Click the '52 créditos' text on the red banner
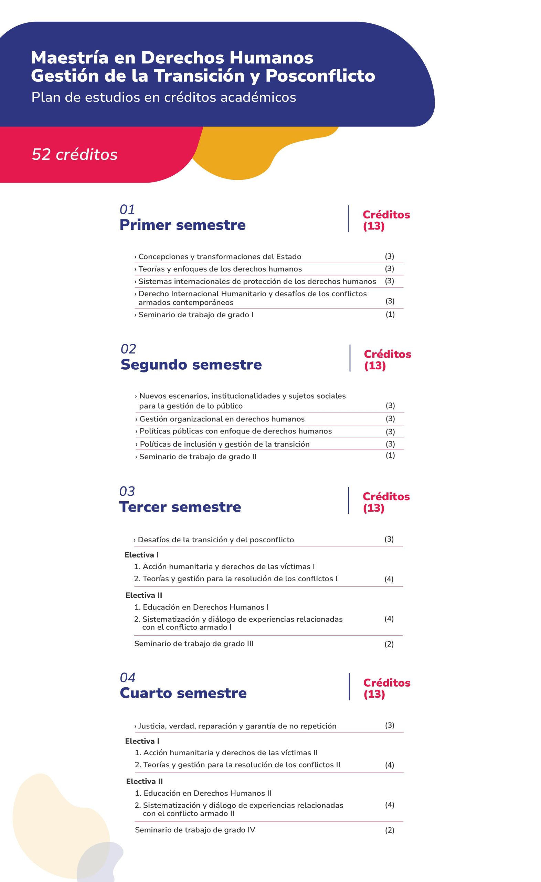click(74, 154)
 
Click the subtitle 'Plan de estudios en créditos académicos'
click(163, 98)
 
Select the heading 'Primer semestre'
click(182, 225)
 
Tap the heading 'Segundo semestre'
click(191, 365)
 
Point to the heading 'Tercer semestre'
click(180, 507)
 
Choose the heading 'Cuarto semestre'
click(183, 693)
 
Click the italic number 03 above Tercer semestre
click(127, 491)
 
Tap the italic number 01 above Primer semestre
click(127, 209)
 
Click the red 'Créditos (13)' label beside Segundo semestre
click(387, 360)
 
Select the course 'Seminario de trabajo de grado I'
click(196, 315)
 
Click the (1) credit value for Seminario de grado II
click(390, 455)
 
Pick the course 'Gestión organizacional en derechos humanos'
click(222, 419)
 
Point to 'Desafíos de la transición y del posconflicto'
click(216, 540)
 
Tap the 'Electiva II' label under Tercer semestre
click(144, 595)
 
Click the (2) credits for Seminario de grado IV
click(390, 830)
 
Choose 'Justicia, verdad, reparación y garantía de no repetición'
click(237, 726)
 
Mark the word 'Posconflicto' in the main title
click(320, 75)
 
